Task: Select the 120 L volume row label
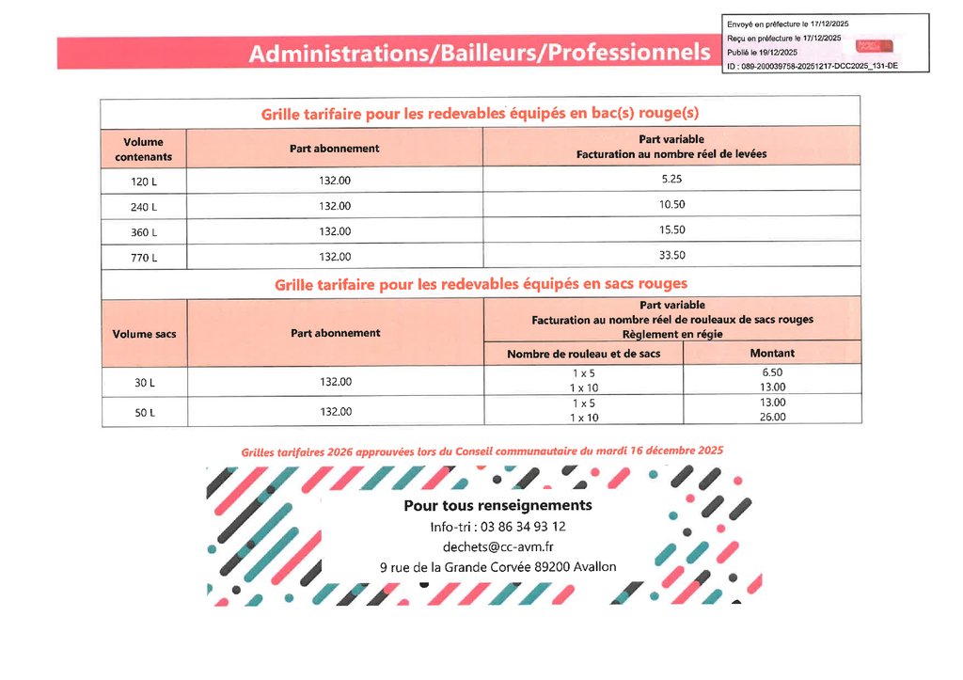(x=143, y=181)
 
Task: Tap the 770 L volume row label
(x=143, y=257)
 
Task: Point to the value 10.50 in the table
(x=671, y=204)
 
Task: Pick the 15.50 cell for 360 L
(x=671, y=229)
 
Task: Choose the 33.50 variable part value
(x=671, y=255)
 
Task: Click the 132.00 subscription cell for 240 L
(x=334, y=206)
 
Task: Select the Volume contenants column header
(x=143, y=149)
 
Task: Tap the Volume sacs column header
(x=144, y=334)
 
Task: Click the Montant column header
(x=771, y=354)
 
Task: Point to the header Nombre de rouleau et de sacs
(x=583, y=354)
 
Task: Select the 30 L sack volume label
(x=144, y=382)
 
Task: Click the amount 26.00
(x=772, y=417)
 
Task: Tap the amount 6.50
(x=772, y=372)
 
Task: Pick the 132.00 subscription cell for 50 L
(x=334, y=411)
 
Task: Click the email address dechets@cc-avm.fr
(x=497, y=546)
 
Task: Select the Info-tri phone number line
(x=497, y=527)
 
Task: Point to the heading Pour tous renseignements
(x=497, y=506)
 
